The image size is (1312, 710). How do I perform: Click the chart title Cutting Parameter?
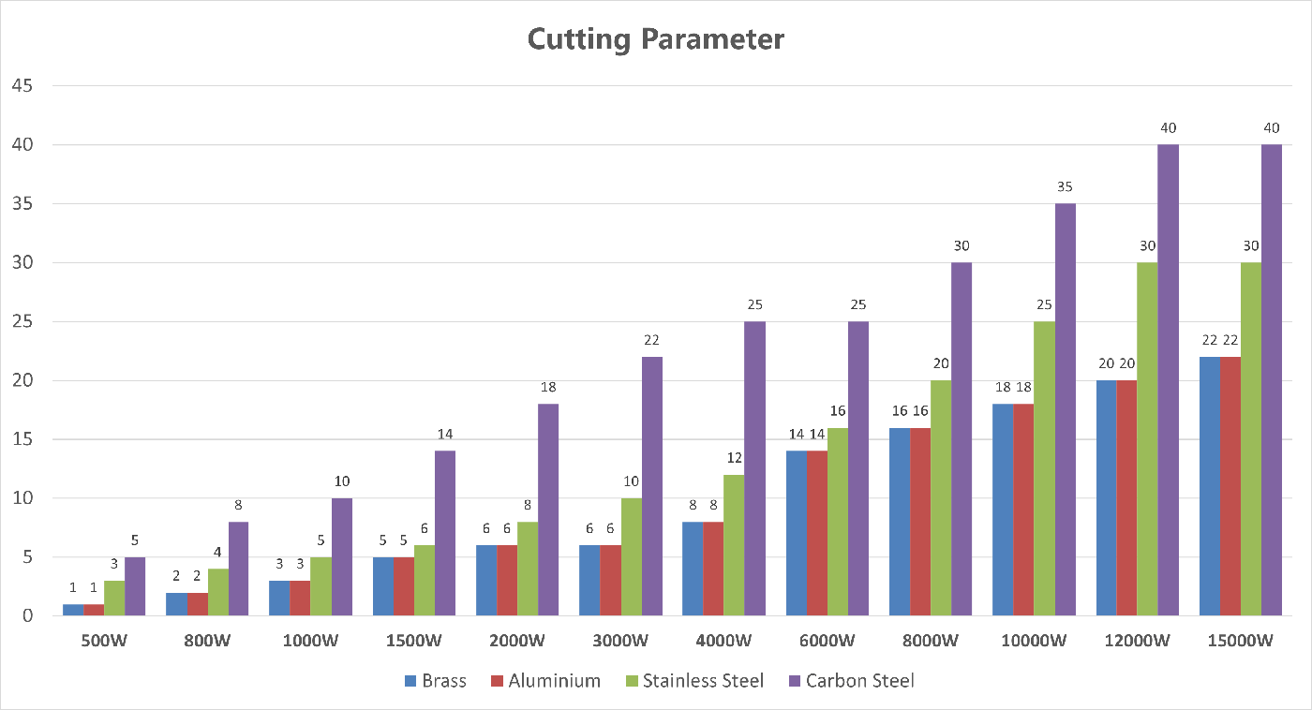[655, 39]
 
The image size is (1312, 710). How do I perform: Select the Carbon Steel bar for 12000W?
[1168, 379]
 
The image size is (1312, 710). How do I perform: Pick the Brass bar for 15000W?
[1210, 486]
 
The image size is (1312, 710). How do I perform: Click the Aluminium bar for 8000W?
[920, 522]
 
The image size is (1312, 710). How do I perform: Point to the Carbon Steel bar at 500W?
[135, 586]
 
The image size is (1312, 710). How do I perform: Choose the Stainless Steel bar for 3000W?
[631, 556]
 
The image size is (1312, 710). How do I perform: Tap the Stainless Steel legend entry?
[693, 681]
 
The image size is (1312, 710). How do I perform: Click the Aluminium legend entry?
[544, 681]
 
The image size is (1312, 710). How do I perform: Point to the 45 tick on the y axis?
[22, 86]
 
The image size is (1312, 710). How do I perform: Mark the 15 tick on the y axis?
[22, 439]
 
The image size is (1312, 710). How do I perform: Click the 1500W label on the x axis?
[414, 642]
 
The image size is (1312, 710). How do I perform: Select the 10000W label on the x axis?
[1034, 642]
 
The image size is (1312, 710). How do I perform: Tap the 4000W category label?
[723, 642]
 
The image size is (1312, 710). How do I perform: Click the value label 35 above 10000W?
[1065, 186]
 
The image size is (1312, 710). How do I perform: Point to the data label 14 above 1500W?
[445, 434]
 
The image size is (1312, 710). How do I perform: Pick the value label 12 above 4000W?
[734, 457]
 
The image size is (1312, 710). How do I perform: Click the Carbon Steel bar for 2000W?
[548, 510]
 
